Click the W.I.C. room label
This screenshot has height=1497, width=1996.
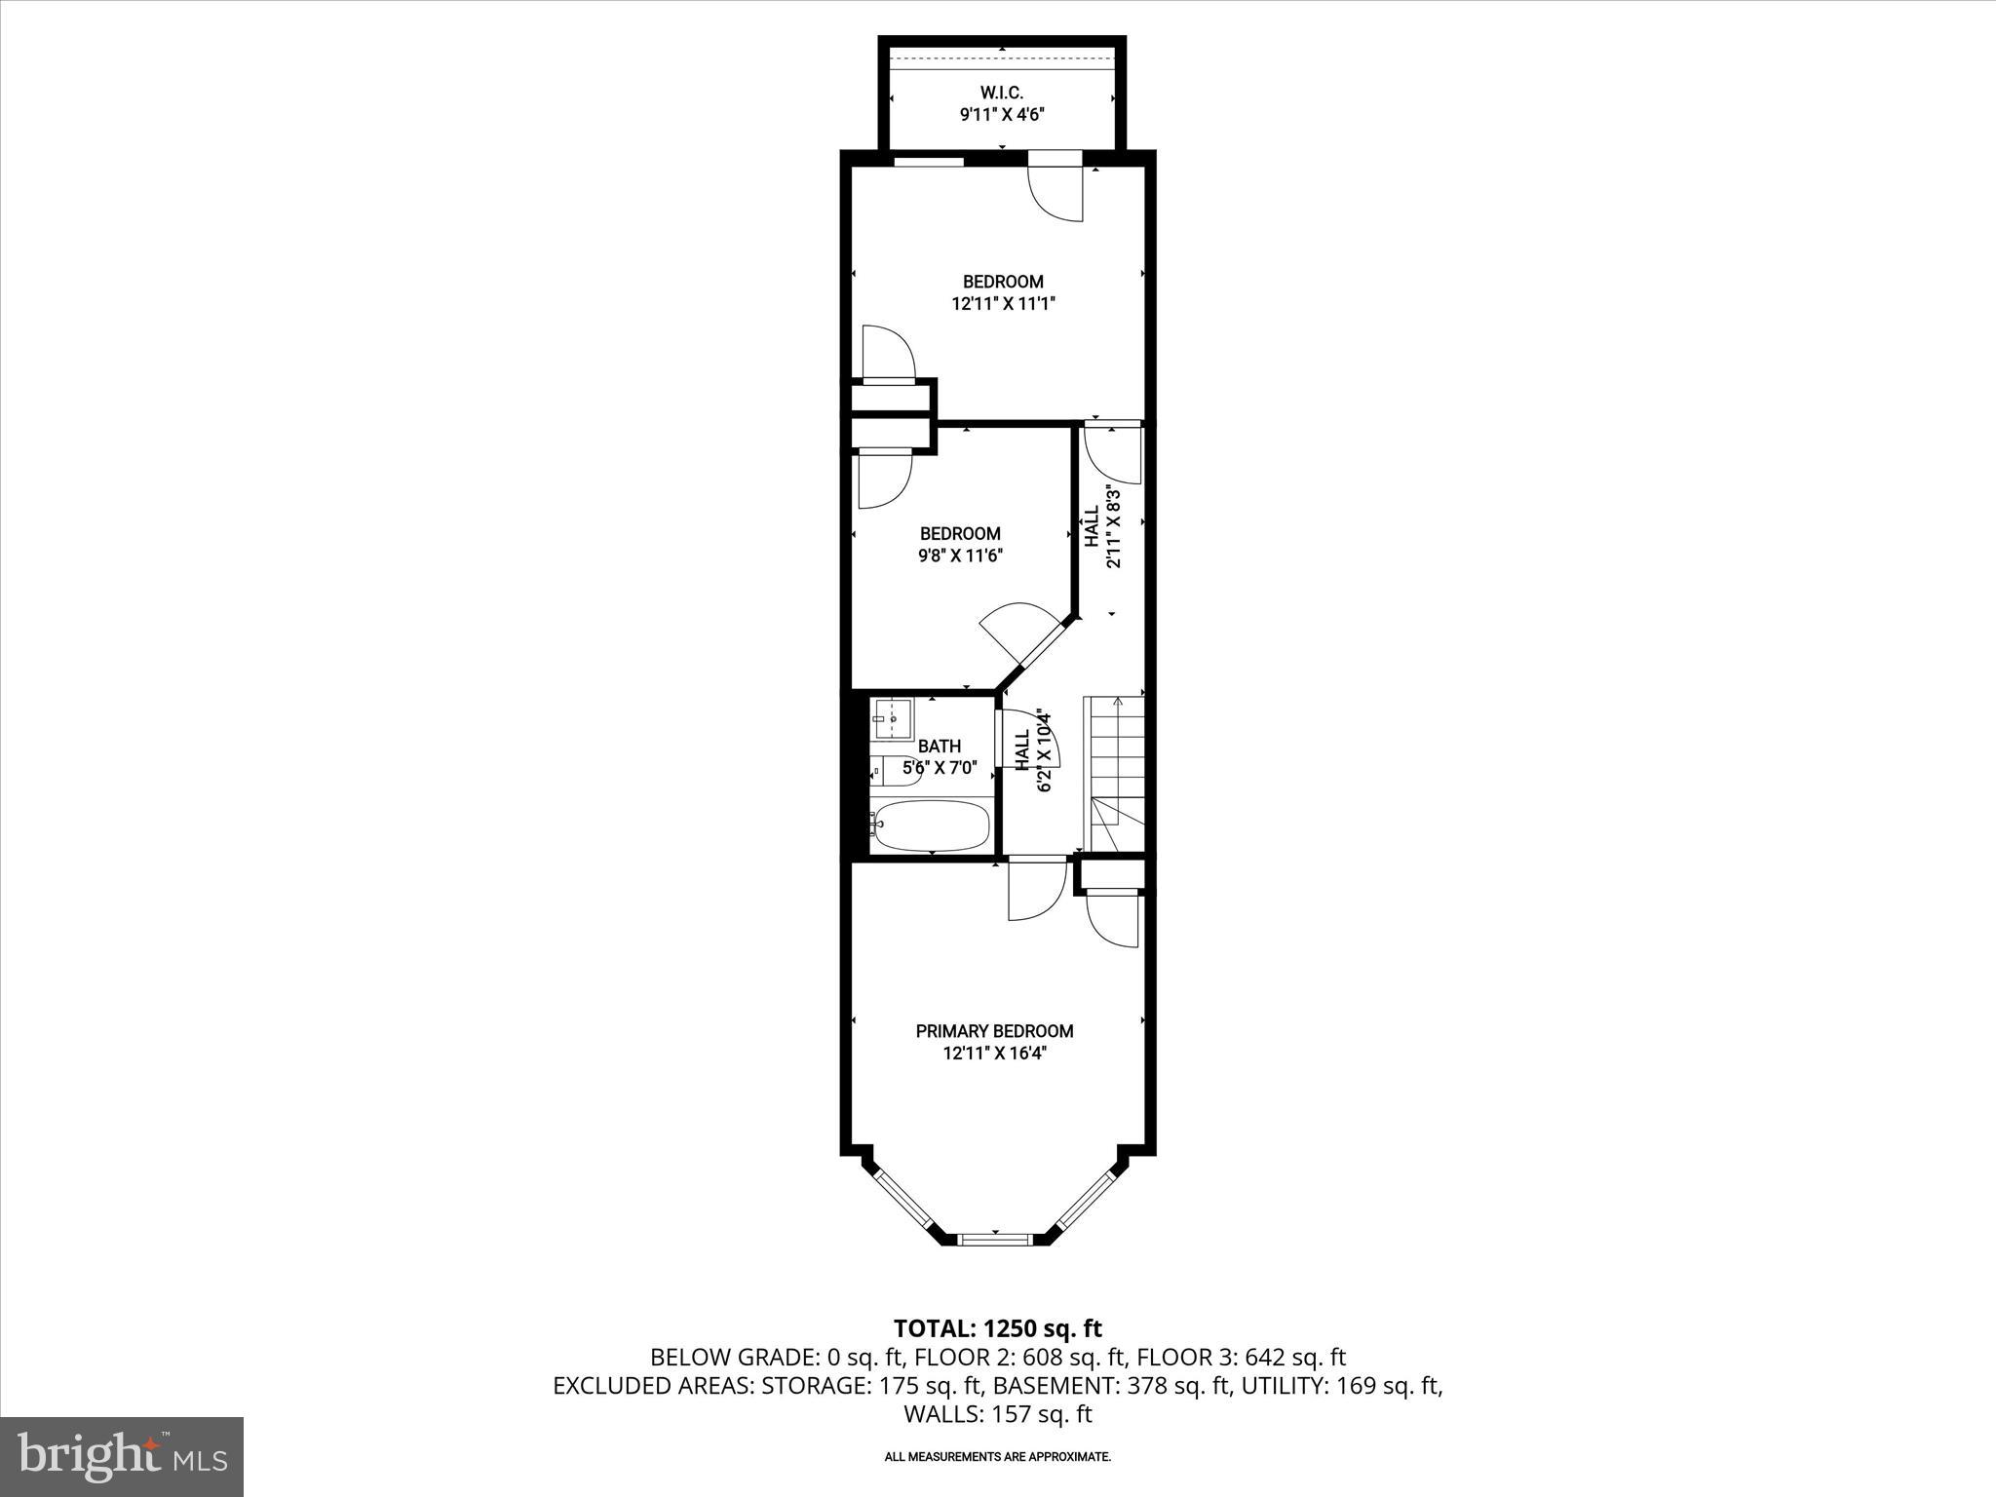(x=1002, y=93)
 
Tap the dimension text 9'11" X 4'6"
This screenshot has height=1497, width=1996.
(x=1002, y=115)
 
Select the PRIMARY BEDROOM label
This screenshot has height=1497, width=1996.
(x=994, y=1031)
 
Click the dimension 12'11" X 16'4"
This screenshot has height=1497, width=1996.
(x=994, y=1054)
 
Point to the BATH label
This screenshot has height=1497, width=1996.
(x=939, y=747)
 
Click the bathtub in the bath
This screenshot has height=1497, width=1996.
(x=932, y=826)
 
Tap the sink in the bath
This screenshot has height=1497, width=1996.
(x=892, y=719)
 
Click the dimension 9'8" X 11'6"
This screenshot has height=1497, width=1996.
(x=960, y=557)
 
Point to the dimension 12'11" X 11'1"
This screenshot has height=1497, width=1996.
(x=1003, y=304)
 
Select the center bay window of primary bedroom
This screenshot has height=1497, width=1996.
(x=994, y=1239)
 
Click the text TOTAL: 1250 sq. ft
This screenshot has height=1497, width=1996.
(x=997, y=1328)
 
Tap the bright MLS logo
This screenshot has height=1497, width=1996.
(x=122, y=1456)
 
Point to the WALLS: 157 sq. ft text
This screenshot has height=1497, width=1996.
(x=997, y=1414)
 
